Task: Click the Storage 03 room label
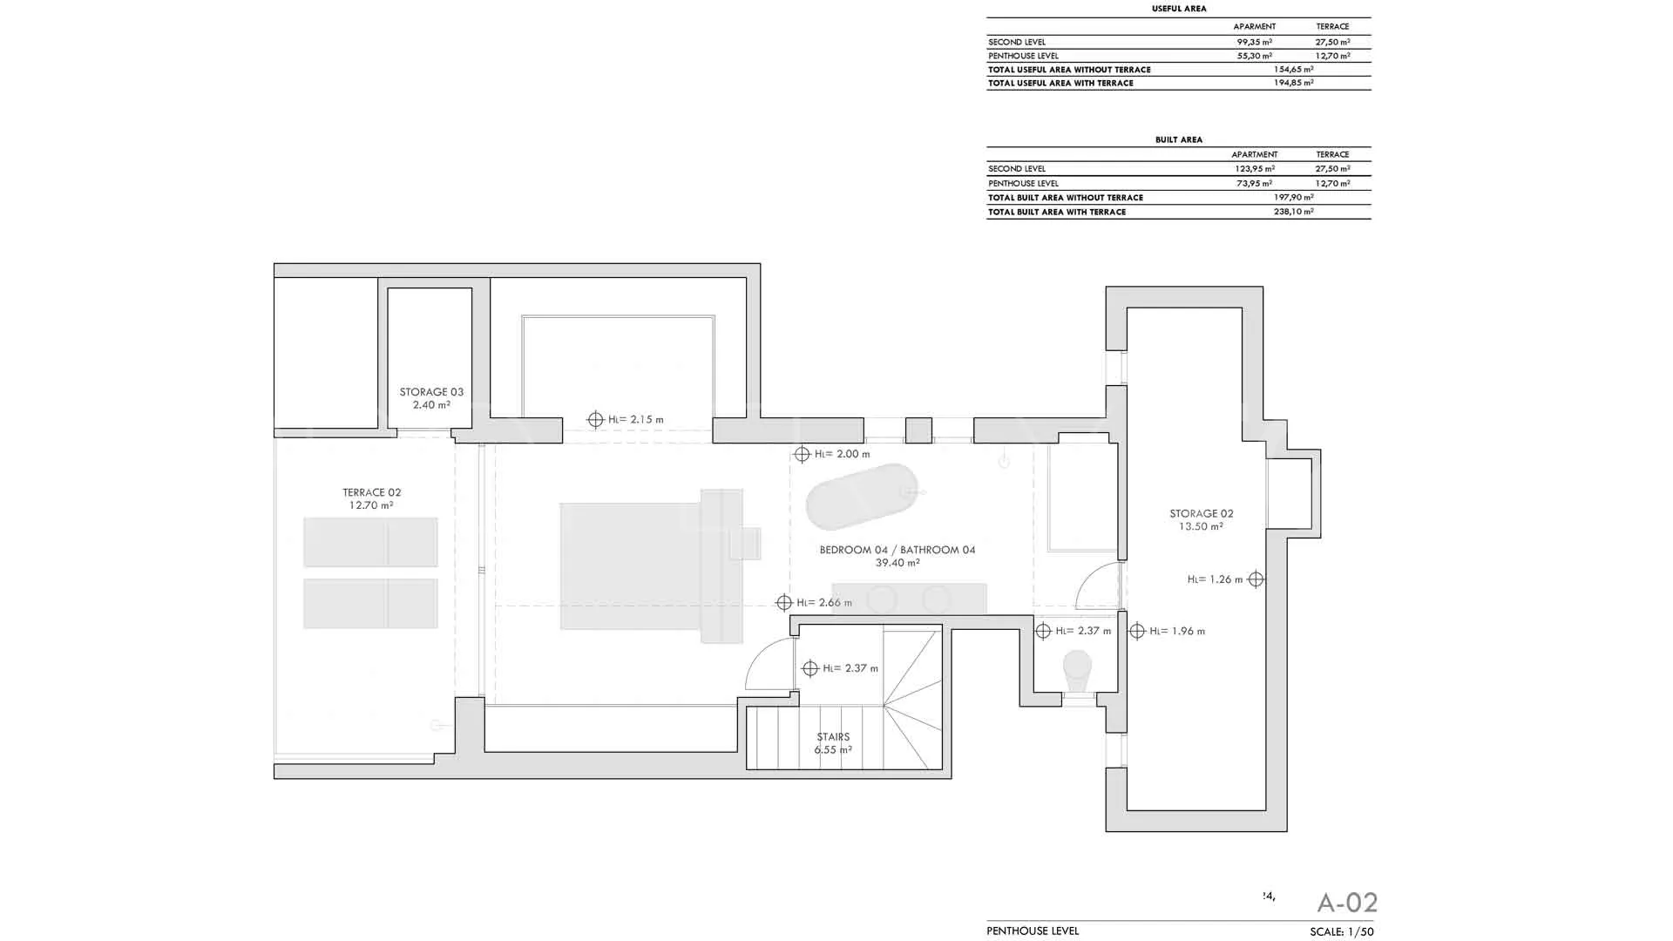pyautogui.click(x=431, y=398)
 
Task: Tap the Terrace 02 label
pyautogui.click(x=371, y=498)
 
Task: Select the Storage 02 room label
pyautogui.click(x=1201, y=519)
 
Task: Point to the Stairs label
pyautogui.click(x=833, y=743)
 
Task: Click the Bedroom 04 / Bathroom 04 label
pyautogui.click(x=897, y=556)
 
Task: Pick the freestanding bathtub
pyautogui.click(x=862, y=497)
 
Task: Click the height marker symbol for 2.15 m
pyautogui.click(x=595, y=420)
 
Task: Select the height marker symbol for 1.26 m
pyautogui.click(x=1256, y=579)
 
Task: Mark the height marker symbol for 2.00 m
pyautogui.click(x=802, y=454)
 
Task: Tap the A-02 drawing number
pyautogui.click(x=1347, y=903)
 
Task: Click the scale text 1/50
pyautogui.click(x=1360, y=932)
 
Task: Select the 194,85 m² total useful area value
pyautogui.click(x=1294, y=84)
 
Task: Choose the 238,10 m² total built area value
pyautogui.click(x=1294, y=212)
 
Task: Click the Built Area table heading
pyautogui.click(x=1179, y=139)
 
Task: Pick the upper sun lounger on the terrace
pyautogui.click(x=370, y=542)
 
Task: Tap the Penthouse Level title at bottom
pyautogui.click(x=1033, y=931)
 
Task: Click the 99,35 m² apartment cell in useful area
pyautogui.click(x=1255, y=42)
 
